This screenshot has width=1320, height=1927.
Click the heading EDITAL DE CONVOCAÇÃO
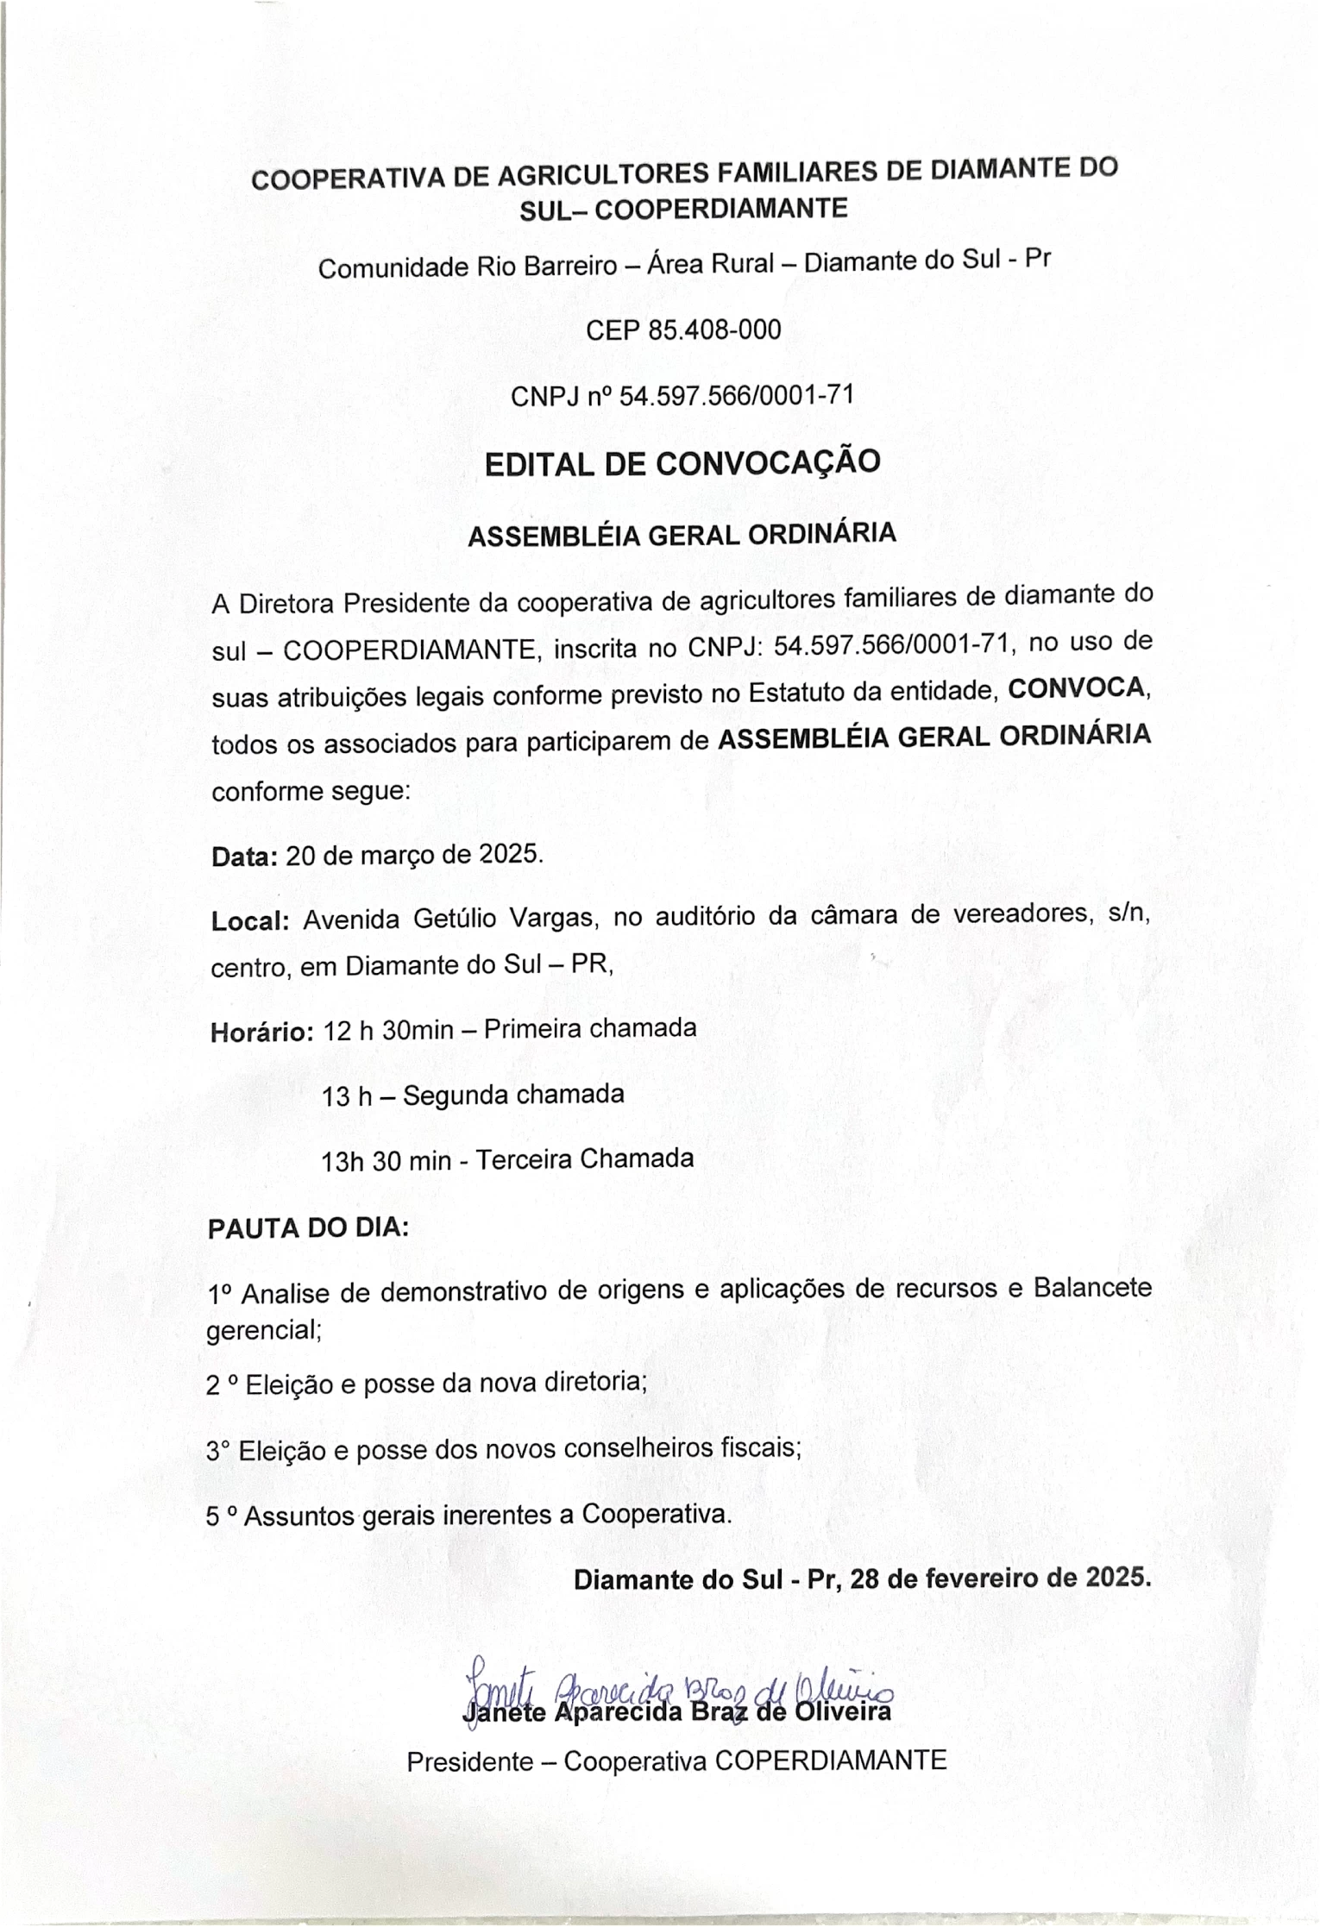point(682,464)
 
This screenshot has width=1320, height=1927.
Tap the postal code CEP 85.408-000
point(682,330)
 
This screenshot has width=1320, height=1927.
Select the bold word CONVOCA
point(1078,689)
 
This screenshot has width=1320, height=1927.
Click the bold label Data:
point(244,857)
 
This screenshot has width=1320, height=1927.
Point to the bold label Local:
point(249,920)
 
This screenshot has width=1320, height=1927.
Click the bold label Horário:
point(261,1032)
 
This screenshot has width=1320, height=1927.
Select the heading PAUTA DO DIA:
point(308,1228)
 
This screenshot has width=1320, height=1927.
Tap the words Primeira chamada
point(590,1028)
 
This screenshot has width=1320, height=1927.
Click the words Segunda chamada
point(513,1095)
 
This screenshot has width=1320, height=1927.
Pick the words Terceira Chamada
point(584,1158)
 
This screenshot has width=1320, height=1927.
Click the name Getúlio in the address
point(455,919)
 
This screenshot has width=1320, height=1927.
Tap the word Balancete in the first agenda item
point(1091,1288)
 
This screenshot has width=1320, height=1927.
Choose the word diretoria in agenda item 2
point(594,1383)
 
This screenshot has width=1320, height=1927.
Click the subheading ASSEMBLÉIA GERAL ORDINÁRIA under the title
point(682,535)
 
